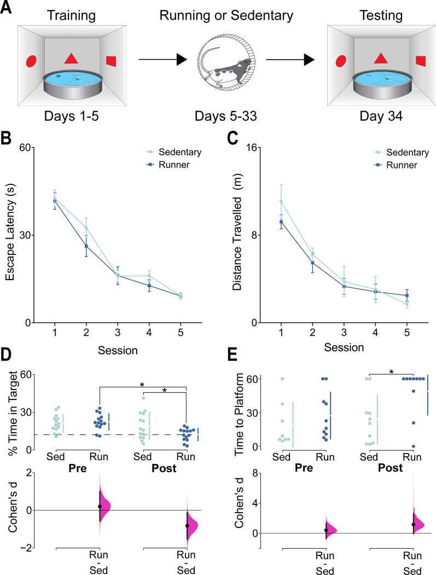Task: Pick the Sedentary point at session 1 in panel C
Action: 281,201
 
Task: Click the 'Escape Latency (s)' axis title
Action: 10,235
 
